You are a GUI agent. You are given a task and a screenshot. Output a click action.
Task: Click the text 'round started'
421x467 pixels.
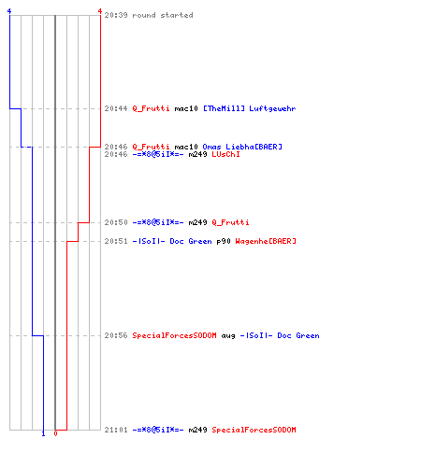(x=163, y=15)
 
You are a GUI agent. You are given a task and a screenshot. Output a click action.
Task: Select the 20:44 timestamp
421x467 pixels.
(x=116, y=108)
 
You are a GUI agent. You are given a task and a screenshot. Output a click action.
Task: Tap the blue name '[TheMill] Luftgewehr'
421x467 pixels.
(x=249, y=108)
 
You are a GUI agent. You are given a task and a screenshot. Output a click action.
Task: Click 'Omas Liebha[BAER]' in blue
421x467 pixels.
(x=242, y=147)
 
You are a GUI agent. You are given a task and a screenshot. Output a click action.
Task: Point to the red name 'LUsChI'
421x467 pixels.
(x=225, y=154)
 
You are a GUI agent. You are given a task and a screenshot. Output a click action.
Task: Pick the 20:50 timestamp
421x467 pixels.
(x=116, y=222)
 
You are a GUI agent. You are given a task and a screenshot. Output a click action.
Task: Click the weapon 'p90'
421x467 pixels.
(x=224, y=241)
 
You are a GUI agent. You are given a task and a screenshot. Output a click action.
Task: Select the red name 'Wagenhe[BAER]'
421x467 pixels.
(x=266, y=241)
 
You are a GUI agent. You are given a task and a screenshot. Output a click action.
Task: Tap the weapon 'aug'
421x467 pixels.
(x=228, y=335)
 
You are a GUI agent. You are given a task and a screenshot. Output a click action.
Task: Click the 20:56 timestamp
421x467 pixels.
(x=116, y=335)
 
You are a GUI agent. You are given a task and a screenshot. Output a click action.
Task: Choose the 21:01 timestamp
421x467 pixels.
(x=116, y=430)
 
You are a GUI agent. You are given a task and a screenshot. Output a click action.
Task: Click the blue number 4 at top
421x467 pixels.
(x=9, y=11)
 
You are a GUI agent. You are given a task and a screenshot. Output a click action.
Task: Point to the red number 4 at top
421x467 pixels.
(x=100, y=11)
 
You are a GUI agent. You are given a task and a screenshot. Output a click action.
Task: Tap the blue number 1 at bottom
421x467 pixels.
(x=43, y=433)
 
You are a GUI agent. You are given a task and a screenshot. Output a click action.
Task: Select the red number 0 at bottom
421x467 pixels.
(x=55, y=433)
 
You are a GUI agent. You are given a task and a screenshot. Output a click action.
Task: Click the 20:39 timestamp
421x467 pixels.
(x=116, y=15)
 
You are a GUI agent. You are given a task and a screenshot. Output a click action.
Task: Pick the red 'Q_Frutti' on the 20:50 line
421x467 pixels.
(x=230, y=222)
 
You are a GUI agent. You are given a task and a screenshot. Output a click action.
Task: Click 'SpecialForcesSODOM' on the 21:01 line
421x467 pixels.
(x=254, y=430)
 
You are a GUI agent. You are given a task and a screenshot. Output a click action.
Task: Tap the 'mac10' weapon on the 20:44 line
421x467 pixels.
(x=186, y=108)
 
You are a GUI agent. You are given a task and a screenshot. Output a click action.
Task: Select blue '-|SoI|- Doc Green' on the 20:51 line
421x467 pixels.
(x=172, y=241)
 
